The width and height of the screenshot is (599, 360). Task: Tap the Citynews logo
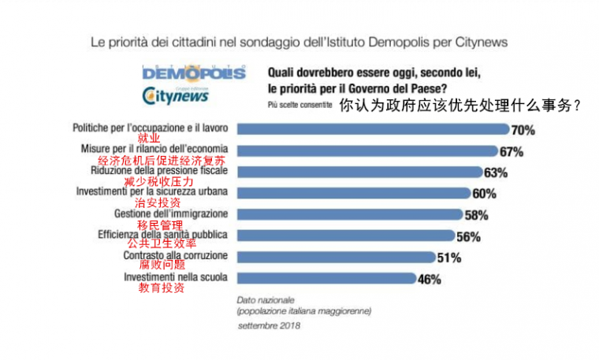(175, 95)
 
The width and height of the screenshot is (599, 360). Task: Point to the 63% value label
(496, 172)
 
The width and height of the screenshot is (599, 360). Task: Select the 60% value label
(483, 193)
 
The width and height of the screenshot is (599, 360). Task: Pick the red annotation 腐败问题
(162, 265)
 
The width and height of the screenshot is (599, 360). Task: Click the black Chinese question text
(460, 104)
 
